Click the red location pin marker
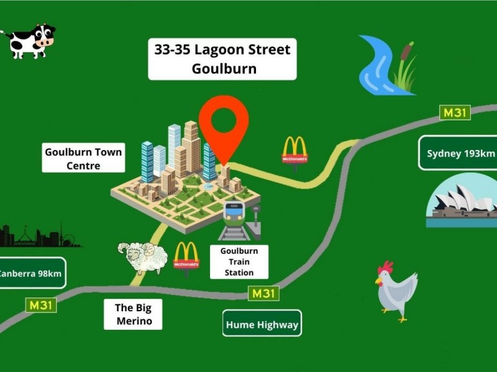tap(224, 124)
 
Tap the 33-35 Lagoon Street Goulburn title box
tap(222, 59)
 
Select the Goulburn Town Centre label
tap(83, 158)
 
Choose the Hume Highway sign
tap(262, 324)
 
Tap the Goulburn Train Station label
tap(239, 261)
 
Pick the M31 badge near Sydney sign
tap(455, 113)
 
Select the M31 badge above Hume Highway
tap(263, 293)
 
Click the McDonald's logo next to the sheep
tap(186, 255)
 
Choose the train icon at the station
tap(235, 218)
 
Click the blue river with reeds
tap(385, 65)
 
